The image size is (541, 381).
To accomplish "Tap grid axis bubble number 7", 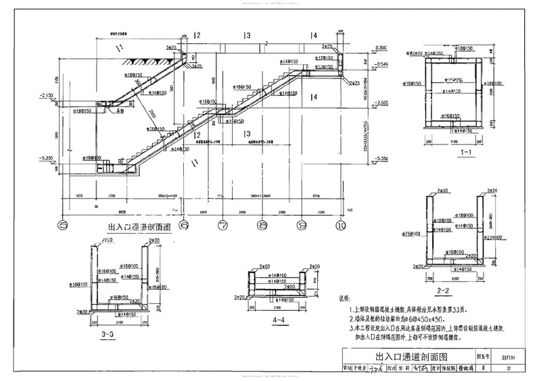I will tap(222, 224).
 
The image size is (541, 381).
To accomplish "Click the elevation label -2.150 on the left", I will tap(47, 95).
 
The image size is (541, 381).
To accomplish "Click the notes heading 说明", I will tap(345, 298).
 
